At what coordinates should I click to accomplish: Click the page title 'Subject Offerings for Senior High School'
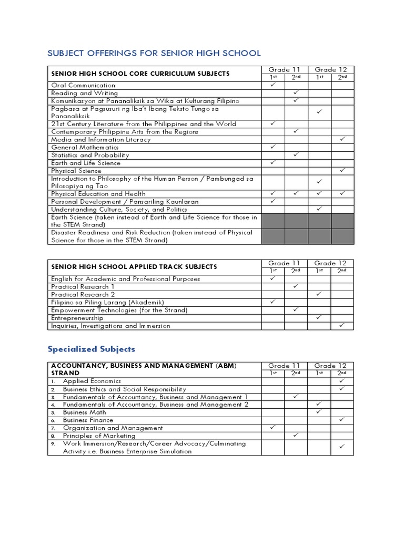[x=154, y=53]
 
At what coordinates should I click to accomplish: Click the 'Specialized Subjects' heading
[x=92, y=349]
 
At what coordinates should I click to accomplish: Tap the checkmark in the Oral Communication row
[x=273, y=85]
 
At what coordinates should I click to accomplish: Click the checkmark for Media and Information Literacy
[x=342, y=139]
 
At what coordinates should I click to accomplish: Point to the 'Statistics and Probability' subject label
[x=90, y=155]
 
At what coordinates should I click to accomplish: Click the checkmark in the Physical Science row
[x=342, y=170]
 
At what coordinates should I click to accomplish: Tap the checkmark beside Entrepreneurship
[x=319, y=317]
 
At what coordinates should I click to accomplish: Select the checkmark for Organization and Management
[x=273, y=428]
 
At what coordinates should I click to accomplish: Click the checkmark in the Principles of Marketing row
[x=296, y=435]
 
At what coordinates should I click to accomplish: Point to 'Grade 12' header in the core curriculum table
[x=331, y=69]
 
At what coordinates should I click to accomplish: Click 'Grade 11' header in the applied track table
[x=285, y=263]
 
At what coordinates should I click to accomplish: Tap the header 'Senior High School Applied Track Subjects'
[x=134, y=267]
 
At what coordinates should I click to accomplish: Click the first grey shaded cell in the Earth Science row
[x=273, y=221]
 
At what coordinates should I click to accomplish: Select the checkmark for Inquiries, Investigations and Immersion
[x=342, y=325]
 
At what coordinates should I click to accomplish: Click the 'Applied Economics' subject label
[x=92, y=381]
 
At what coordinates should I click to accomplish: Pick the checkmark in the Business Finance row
[x=342, y=420]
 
